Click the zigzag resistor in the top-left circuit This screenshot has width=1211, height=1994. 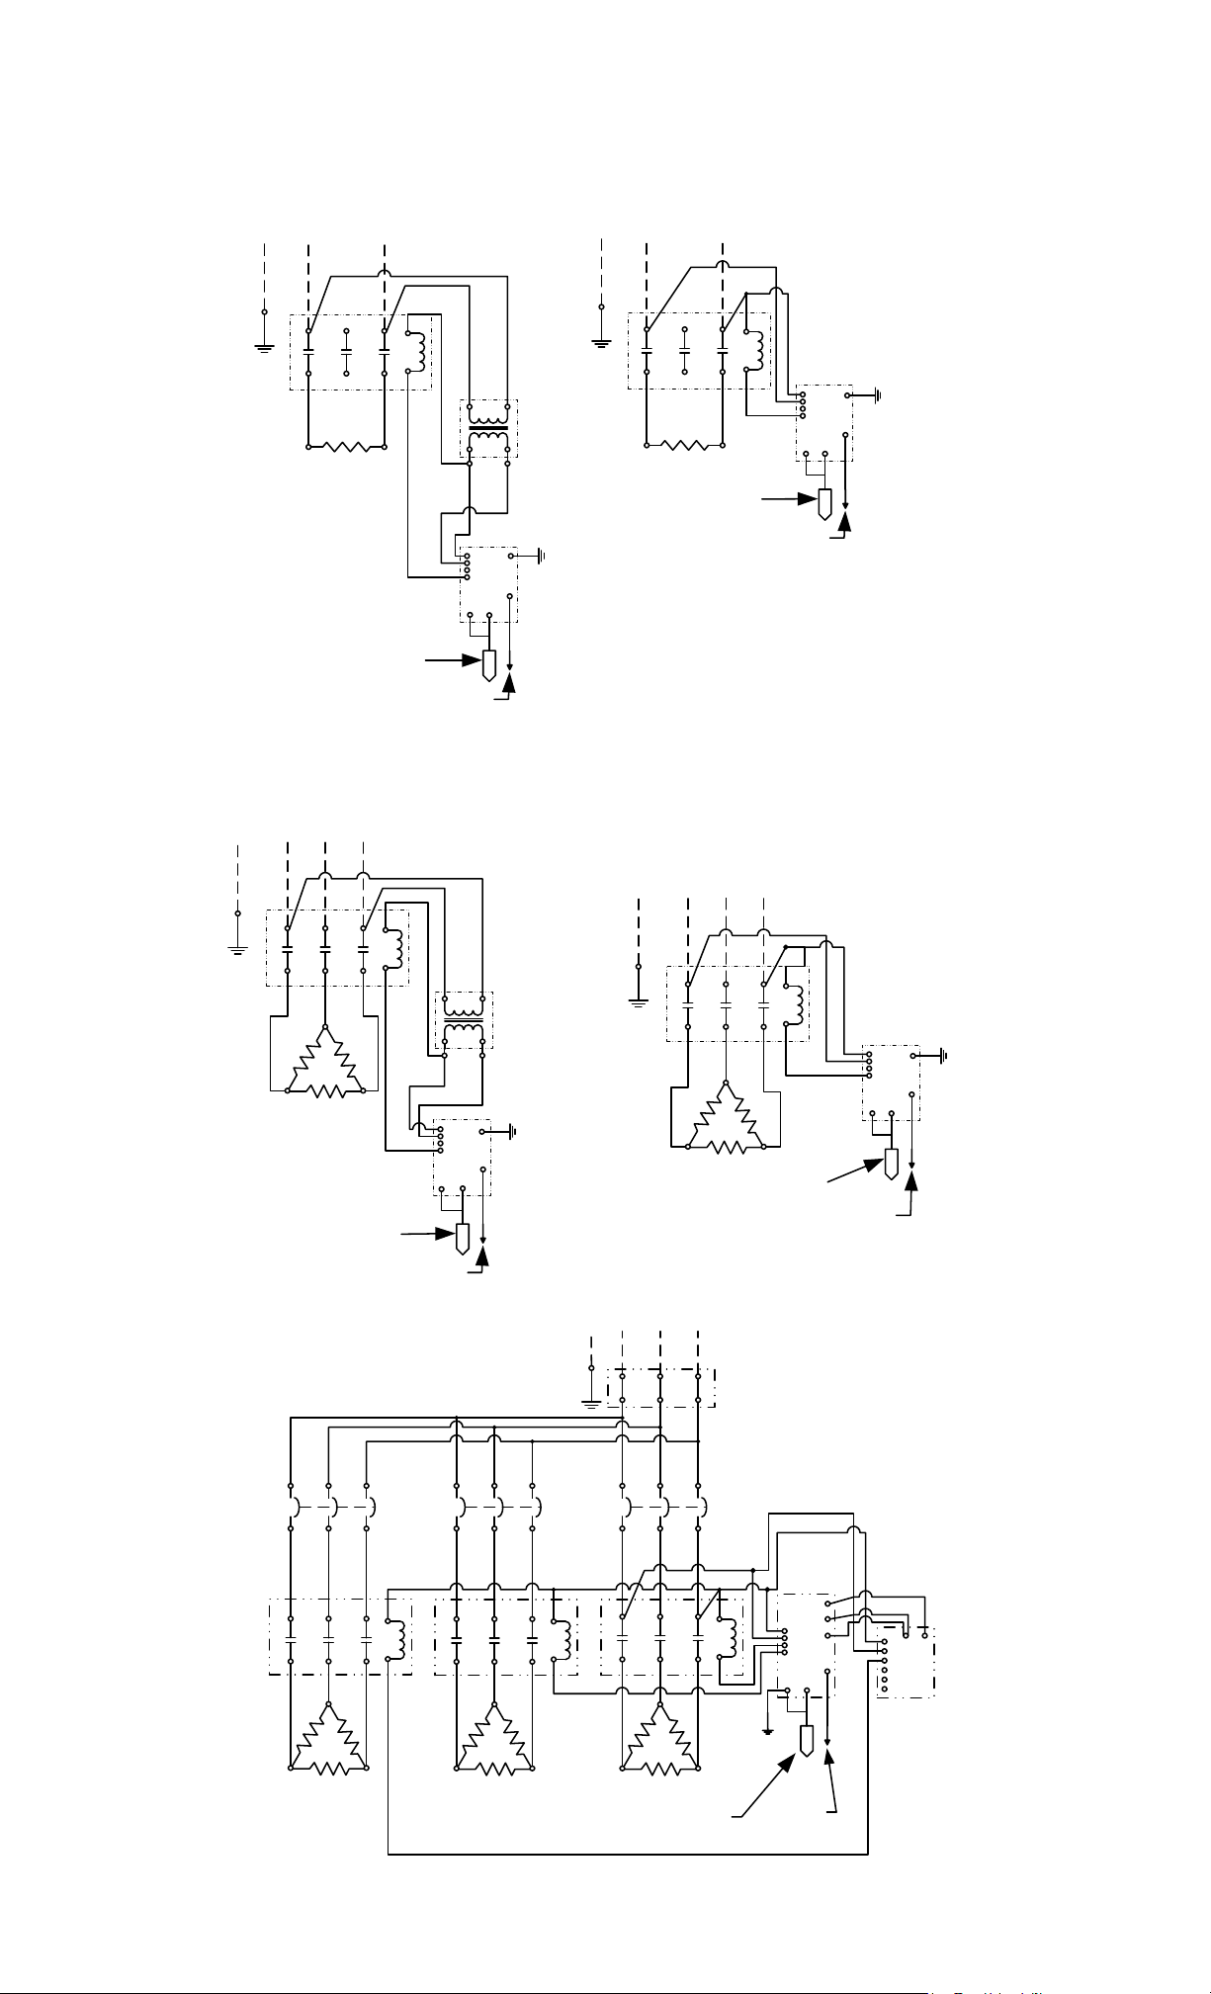pos(346,447)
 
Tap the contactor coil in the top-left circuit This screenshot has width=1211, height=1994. pos(419,351)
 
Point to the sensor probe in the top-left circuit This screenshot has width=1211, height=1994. pos(488,665)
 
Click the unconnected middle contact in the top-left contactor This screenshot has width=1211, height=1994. pos(346,351)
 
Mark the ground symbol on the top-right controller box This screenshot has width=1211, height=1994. pos(875,395)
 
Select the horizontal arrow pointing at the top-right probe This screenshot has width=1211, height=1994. pos(791,500)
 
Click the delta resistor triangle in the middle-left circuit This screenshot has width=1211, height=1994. pos(325,1063)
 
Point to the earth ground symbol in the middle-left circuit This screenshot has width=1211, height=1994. pos(237,949)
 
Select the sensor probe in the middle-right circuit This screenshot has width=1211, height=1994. pos(891,1163)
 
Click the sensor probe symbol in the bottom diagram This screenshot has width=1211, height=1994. pos(807,1741)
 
